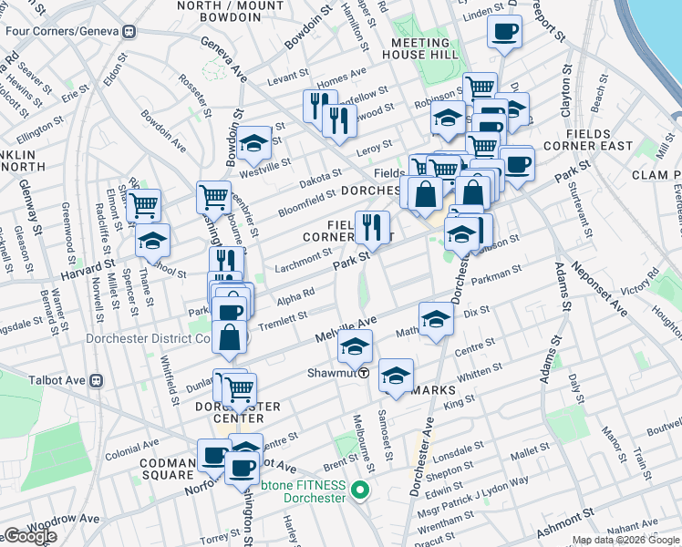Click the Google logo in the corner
click(x=29, y=537)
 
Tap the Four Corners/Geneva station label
click(x=69, y=31)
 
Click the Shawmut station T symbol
click(x=363, y=373)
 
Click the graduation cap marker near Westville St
click(x=255, y=142)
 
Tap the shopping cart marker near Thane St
click(x=143, y=205)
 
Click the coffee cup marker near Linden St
click(x=505, y=32)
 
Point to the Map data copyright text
click(x=625, y=540)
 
